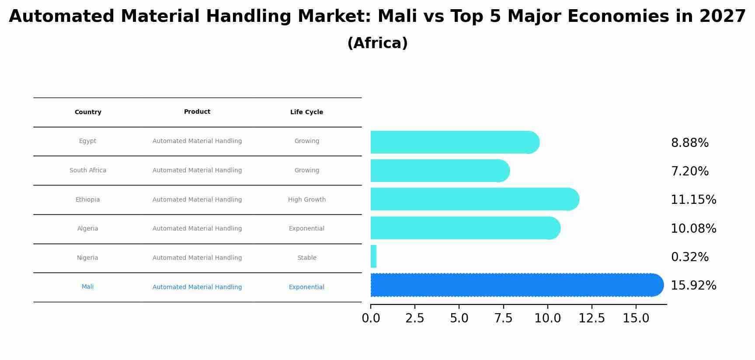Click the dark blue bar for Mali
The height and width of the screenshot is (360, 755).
click(516, 285)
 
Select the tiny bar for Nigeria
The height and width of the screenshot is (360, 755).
click(373, 257)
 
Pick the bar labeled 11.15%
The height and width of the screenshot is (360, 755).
click(474, 199)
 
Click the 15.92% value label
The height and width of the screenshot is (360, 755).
click(693, 286)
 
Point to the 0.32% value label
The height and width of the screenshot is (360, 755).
click(689, 257)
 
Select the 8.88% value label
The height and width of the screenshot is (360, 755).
click(689, 143)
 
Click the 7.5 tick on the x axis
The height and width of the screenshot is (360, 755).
click(503, 318)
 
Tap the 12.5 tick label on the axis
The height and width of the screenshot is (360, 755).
click(591, 318)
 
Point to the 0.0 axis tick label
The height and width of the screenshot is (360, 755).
click(371, 318)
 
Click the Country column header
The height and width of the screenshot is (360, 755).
click(88, 112)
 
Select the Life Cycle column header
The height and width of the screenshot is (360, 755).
click(306, 112)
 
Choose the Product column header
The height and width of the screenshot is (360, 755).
click(197, 112)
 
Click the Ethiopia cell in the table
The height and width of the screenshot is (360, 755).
click(87, 200)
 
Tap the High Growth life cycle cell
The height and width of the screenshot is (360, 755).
click(306, 200)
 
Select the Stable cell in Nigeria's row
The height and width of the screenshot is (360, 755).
click(306, 258)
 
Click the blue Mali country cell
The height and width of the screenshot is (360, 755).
click(87, 287)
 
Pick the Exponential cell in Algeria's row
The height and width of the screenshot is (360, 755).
click(306, 229)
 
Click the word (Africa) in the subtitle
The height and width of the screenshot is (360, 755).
click(377, 43)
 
